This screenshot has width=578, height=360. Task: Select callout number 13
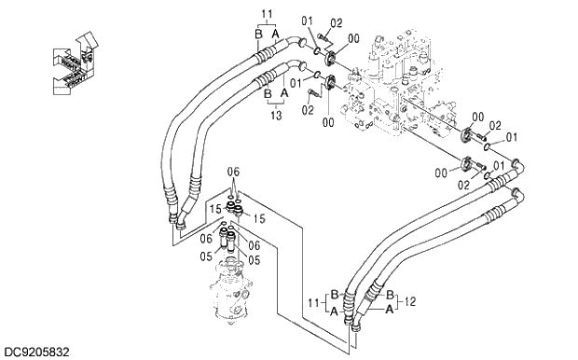tap(276, 114)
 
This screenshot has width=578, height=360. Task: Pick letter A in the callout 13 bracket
tap(284, 94)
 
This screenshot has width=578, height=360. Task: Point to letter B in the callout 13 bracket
tap(268, 94)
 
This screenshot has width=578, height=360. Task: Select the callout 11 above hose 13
tap(267, 14)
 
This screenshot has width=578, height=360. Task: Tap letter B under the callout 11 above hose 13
tap(258, 34)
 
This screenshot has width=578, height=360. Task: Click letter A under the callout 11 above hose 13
tap(276, 34)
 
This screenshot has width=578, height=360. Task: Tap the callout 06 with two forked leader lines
tap(233, 172)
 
